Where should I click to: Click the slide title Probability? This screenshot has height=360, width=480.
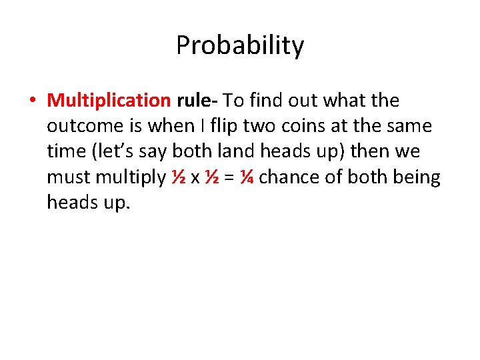tap(240, 45)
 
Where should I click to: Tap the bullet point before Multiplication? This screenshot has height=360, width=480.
tap(32, 101)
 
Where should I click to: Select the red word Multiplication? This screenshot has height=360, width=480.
tap(109, 101)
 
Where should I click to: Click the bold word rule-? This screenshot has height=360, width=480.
tap(197, 101)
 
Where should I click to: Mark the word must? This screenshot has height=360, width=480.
tap(69, 177)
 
